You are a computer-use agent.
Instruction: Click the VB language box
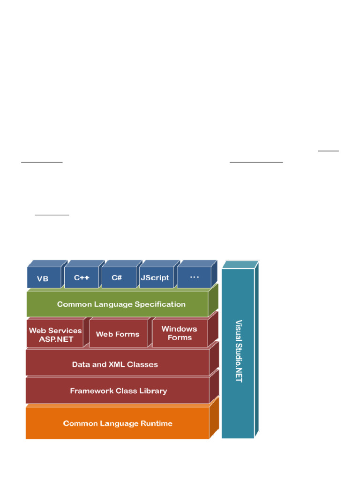click(44, 278)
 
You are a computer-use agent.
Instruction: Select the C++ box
click(81, 277)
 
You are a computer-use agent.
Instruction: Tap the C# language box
click(117, 277)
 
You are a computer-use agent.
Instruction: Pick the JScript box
click(155, 277)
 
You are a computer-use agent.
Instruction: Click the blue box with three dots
click(194, 277)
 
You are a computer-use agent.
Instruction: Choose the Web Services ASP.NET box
click(55, 335)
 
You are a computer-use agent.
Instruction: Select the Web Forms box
click(118, 334)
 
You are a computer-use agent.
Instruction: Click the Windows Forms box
click(180, 333)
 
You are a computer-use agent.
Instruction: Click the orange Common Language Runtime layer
click(117, 423)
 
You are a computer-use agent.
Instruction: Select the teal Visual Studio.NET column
click(238, 352)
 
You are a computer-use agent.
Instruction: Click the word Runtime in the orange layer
click(156, 423)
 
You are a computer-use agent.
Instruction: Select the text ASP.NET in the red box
click(56, 339)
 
